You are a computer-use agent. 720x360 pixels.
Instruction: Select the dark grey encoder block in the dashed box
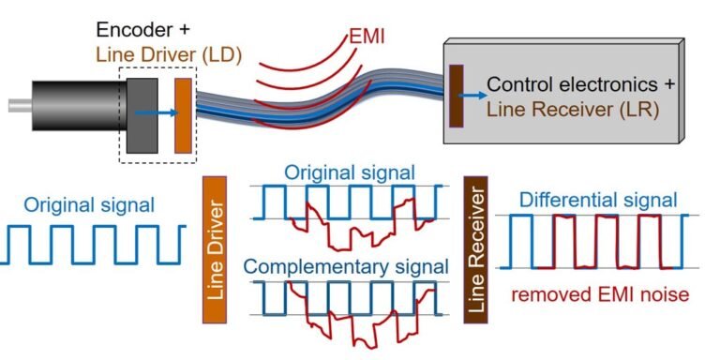click(x=143, y=113)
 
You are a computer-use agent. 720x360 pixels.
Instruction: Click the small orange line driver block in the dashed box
click(x=183, y=114)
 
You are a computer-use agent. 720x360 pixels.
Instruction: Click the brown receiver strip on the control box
click(x=457, y=95)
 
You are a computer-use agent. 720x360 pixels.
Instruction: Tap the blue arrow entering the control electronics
click(x=474, y=95)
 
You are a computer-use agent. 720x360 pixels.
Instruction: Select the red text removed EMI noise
click(x=600, y=294)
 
